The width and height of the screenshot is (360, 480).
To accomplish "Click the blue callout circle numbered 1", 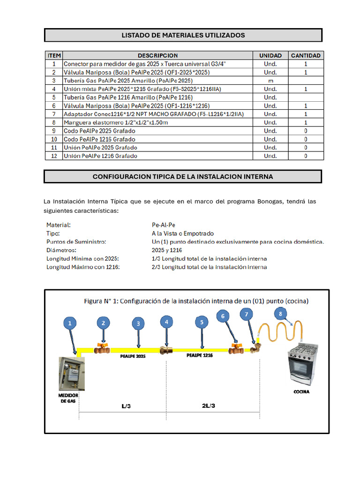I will click(70, 323).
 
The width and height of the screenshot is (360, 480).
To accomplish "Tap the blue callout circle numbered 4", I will click(166, 322).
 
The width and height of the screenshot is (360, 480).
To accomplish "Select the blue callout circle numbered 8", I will click(280, 314).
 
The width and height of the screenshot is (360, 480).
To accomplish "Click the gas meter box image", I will click(70, 374).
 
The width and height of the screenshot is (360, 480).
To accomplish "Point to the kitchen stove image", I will click(304, 363).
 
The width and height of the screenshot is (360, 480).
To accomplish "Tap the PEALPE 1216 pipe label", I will click(200, 356).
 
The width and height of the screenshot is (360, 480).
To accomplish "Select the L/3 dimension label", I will click(126, 405).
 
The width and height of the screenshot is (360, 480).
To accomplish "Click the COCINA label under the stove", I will click(301, 391).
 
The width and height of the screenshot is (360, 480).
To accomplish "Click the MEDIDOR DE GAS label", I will click(68, 399).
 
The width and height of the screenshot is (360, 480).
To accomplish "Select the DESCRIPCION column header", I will click(157, 55).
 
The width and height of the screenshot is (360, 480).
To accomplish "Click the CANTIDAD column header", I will click(306, 55).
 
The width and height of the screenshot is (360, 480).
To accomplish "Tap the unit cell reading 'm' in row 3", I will click(270, 81).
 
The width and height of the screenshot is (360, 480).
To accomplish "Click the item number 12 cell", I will click(54, 156).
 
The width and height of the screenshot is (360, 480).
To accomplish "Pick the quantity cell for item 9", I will click(306, 131).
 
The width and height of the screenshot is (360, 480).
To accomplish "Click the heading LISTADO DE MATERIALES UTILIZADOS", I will click(183, 35).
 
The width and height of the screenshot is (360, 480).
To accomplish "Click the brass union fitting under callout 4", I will click(166, 350).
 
